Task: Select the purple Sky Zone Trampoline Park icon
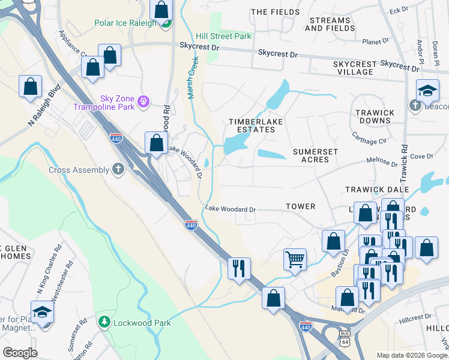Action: click(143, 102)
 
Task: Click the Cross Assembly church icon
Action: click(118, 170)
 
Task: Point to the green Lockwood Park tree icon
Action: click(104, 323)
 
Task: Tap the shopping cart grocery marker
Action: click(295, 259)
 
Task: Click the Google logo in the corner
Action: click(19, 352)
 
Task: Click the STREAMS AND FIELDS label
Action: click(330, 24)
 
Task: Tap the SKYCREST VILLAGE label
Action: click(354, 68)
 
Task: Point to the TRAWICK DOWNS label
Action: click(375, 116)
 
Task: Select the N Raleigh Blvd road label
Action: click(44, 113)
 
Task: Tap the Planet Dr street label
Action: click(377, 42)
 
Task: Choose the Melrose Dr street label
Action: click(382, 162)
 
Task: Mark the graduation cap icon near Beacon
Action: click(427, 90)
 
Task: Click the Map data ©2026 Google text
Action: click(411, 355)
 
